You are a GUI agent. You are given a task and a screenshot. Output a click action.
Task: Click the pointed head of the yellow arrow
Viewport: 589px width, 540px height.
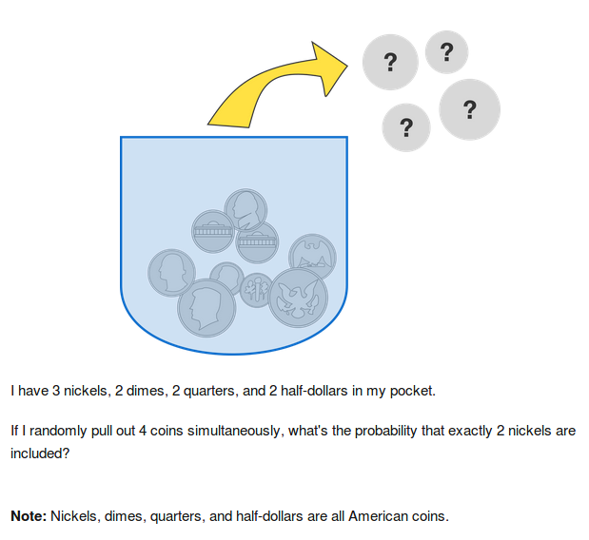click(x=347, y=66)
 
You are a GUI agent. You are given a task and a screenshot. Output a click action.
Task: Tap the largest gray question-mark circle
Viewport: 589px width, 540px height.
click(x=469, y=109)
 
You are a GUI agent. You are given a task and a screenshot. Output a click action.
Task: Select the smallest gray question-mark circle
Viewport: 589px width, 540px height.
click(x=446, y=52)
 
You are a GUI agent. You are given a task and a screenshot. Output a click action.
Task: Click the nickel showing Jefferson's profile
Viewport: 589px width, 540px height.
click(x=245, y=210)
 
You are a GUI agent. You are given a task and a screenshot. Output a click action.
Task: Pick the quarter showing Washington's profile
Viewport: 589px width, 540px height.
click(x=171, y=273)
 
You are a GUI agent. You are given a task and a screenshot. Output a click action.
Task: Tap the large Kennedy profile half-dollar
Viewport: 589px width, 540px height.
click(x=206, y=308)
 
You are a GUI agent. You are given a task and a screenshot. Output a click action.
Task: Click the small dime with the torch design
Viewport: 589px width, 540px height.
click(x=256, y=290)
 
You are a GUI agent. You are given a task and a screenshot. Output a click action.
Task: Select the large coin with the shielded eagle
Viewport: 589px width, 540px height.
click(x=298, y=298)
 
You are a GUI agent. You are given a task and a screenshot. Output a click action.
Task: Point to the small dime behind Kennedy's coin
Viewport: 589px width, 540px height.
click(x=227, y=276)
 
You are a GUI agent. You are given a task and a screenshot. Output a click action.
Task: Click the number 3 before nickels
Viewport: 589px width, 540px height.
click(x=56, y=391)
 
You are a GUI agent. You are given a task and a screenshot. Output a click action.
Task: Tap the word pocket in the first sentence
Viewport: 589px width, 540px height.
click(x=412, y=392)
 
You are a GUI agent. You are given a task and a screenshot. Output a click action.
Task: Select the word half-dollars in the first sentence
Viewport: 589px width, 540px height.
click(x=314, y=391)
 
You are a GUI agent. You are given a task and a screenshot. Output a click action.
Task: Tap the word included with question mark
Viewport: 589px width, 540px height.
click(x=40, y=453)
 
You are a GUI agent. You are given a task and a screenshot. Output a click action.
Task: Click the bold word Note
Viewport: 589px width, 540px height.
click(x=29, y=516)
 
